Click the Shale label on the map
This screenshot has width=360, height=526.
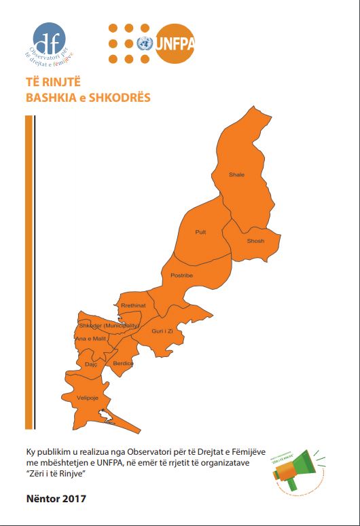tap(236, 174)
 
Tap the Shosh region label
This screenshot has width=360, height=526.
tap(255, 241)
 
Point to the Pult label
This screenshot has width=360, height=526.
tap(200, 232)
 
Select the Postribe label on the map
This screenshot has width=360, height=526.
tap(181, 276)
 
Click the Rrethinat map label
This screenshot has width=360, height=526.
tap(133, 305)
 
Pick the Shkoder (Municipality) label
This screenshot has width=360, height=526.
tap(109, 325)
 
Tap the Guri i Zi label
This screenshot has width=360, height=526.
tap(162, 331)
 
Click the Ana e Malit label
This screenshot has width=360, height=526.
tap(90, 338)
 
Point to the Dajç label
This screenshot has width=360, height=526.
tap(92, 364)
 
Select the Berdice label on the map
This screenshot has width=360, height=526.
tap(123, 364)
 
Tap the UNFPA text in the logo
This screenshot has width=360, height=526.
tap(175, 43)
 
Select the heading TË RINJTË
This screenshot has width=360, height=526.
tap(46, 83)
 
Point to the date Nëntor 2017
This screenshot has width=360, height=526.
tap(56, 500)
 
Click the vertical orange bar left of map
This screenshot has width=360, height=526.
tap(29, 271)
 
